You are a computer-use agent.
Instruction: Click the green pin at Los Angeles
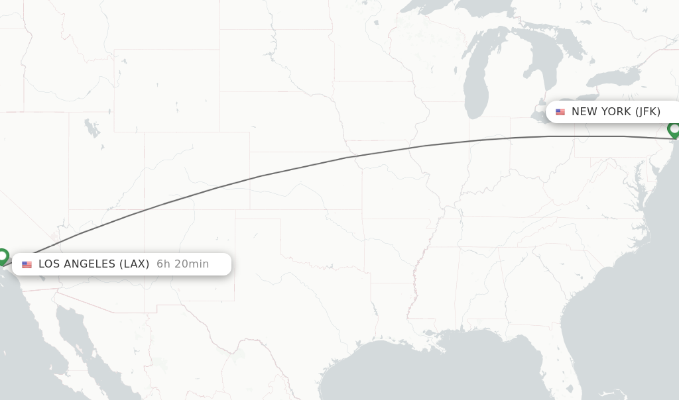pos(3,256)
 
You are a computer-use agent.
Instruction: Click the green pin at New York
pos(674,129)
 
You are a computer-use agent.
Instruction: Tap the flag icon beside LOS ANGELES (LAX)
pos(27,264)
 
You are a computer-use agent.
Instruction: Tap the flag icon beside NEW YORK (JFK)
pos(560,112)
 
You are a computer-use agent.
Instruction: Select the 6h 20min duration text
pos(182,264)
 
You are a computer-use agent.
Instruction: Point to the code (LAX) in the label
pos(134,264)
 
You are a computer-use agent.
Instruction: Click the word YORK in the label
pos(615,111)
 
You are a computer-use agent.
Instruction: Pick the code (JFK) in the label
pos(648,111)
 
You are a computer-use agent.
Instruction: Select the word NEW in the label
pos(584,111)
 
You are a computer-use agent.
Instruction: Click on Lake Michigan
pos(475,86)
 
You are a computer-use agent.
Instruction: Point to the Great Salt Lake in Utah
pos(92,127)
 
